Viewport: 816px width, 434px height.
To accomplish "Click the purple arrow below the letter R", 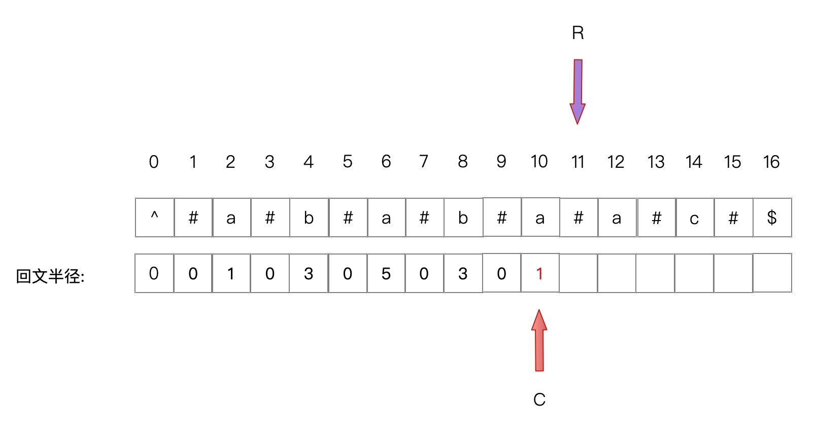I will coord(577,91).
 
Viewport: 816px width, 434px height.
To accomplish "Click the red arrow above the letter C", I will coord(539,341).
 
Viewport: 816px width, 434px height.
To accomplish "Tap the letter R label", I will coord(577,33).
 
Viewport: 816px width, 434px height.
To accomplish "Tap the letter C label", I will coord(539,400).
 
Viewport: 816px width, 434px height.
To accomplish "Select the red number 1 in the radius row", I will coord(539,274).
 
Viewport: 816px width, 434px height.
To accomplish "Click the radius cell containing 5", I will coord(386,274).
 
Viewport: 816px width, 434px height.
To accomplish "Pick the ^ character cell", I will coord(155,218).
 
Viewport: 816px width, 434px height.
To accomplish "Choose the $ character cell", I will coord(772,218).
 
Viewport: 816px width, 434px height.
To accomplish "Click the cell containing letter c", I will coord(694,218).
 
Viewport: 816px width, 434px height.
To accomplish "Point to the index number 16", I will coord(771,162).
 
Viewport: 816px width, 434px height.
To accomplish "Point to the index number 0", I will coord(154,162).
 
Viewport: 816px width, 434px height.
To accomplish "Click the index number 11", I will coord(577,162).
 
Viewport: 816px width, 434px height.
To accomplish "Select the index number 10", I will coord(539,162).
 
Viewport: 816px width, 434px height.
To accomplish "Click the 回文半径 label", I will coord(50,276).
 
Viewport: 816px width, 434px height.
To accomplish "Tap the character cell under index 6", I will coord(386,218).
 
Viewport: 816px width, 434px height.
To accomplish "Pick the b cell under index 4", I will coord(309,218).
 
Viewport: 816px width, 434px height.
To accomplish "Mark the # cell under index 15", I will coord(733,218).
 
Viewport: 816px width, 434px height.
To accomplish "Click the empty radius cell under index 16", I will coord(772,274).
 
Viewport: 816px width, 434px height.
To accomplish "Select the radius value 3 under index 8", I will coord(463,274).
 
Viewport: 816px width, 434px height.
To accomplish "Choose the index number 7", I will coord(424,162).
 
